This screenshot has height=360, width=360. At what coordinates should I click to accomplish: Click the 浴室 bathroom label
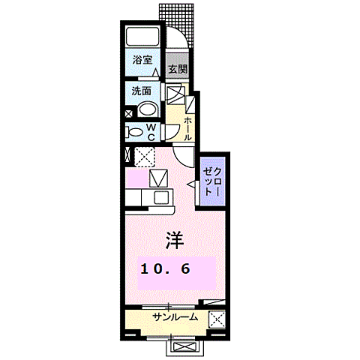(141, 59)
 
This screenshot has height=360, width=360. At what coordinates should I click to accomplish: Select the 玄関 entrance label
(176, 70)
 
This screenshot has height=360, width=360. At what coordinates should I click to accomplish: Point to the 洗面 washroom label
(141, 91)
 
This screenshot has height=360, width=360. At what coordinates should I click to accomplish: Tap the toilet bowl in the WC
(136, 132)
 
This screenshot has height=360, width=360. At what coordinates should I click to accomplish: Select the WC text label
(151, 132)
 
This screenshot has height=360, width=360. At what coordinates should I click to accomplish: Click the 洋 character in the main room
(175, 239)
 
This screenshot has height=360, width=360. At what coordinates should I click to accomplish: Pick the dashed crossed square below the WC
(144, 157)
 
